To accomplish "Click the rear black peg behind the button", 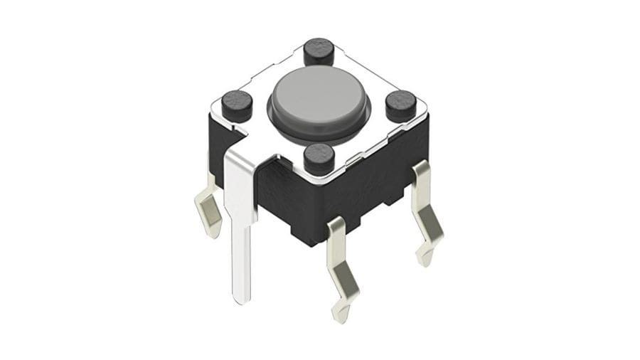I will (x=319, y=52).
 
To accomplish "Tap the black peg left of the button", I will (x=237, y=105).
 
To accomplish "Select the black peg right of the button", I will (x=401, y=105).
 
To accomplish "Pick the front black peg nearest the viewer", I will (x=319, y=157).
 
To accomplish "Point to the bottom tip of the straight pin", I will (x=242, y=300).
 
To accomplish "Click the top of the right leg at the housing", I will (x=420, y=171).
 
